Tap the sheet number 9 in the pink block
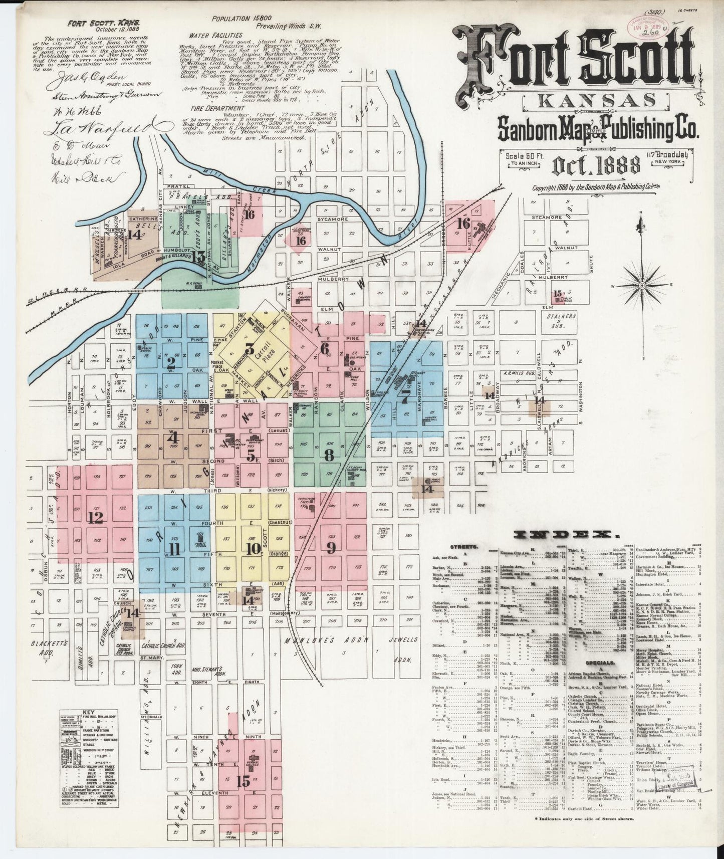331,548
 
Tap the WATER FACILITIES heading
216,36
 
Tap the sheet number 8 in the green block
329,455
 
